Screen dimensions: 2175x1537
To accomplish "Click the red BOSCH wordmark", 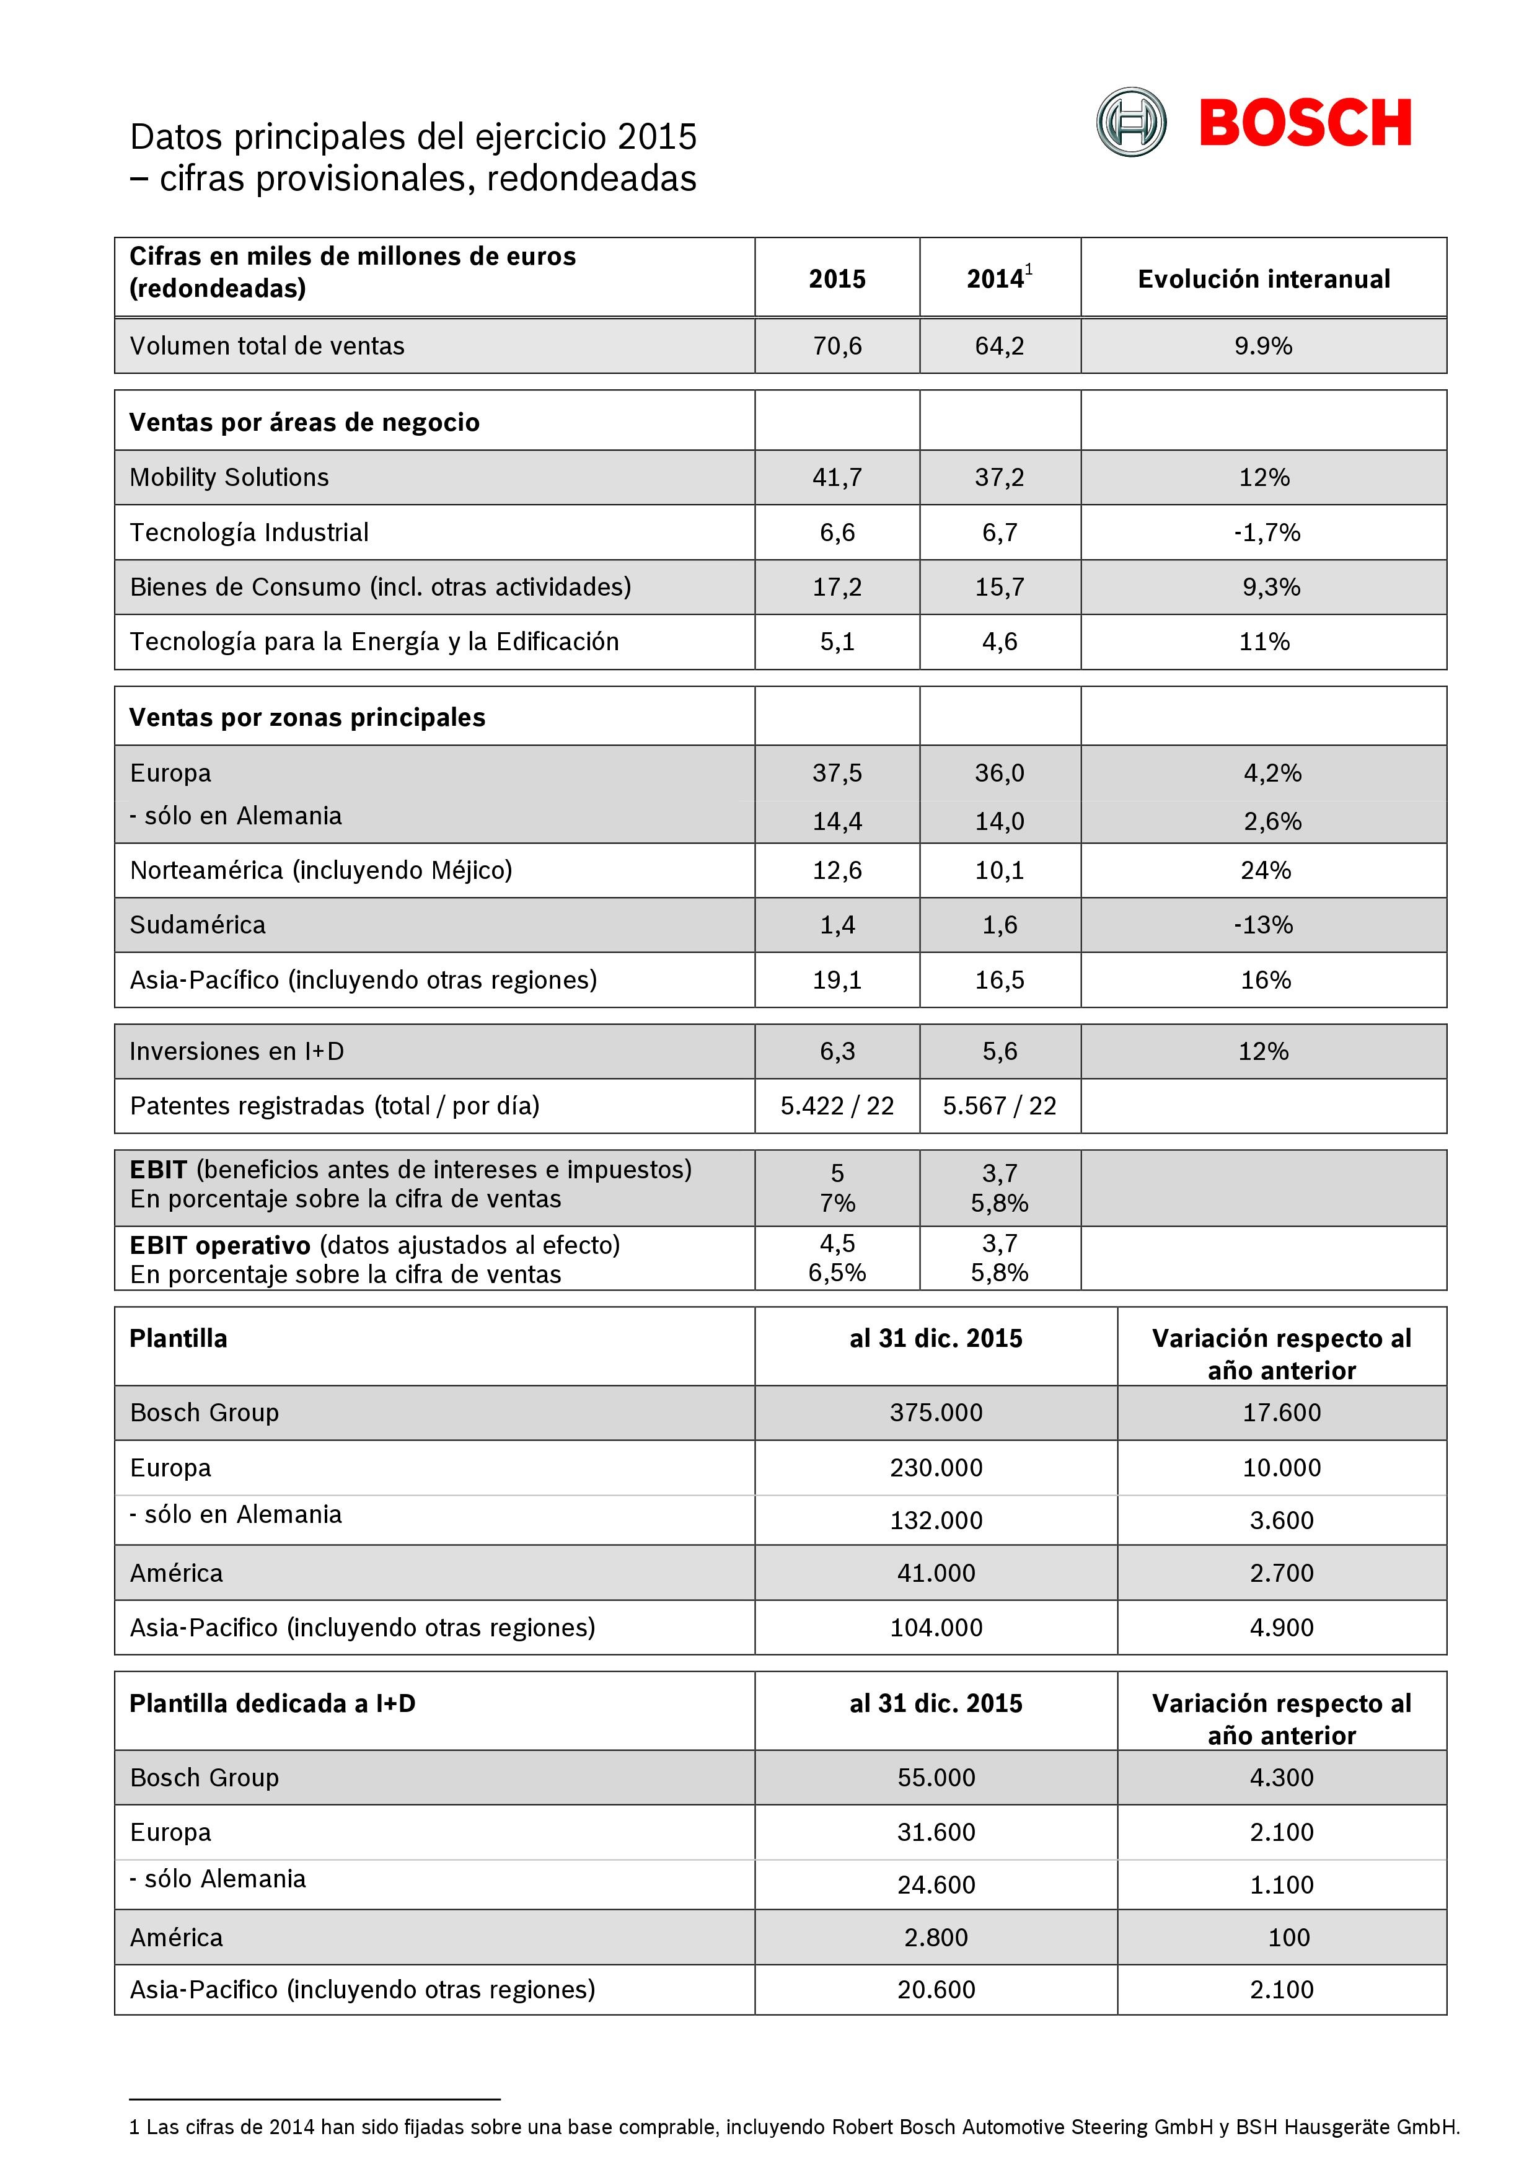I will tap(1305, 123).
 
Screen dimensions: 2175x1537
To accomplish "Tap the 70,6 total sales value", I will tap(837, 346).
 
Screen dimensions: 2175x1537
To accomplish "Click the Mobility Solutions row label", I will tap(229, 477).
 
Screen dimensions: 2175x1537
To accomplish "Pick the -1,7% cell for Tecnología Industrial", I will tap(1266, 532).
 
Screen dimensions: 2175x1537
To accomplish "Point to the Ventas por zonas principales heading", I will tap(307, 717).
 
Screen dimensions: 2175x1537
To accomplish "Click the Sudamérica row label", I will tap(198, 925).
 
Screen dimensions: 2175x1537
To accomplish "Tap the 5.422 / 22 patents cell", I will tap(837, 1106).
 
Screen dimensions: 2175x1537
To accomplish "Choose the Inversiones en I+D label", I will tap(237, 1051).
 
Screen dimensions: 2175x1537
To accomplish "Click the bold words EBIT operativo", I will tap(220, 1245).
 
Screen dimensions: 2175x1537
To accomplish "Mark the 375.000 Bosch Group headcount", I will tap(936, 1413).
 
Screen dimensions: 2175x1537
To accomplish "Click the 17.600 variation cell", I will tap(1281, 1413).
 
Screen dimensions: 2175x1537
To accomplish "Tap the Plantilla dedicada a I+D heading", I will tap(273, 1703).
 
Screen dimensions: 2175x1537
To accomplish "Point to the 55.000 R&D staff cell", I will tap(936, 1777).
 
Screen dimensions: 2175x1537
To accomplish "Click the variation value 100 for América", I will tap(1288, 1937).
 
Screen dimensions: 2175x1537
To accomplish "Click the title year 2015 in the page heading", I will tap(656, 138).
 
